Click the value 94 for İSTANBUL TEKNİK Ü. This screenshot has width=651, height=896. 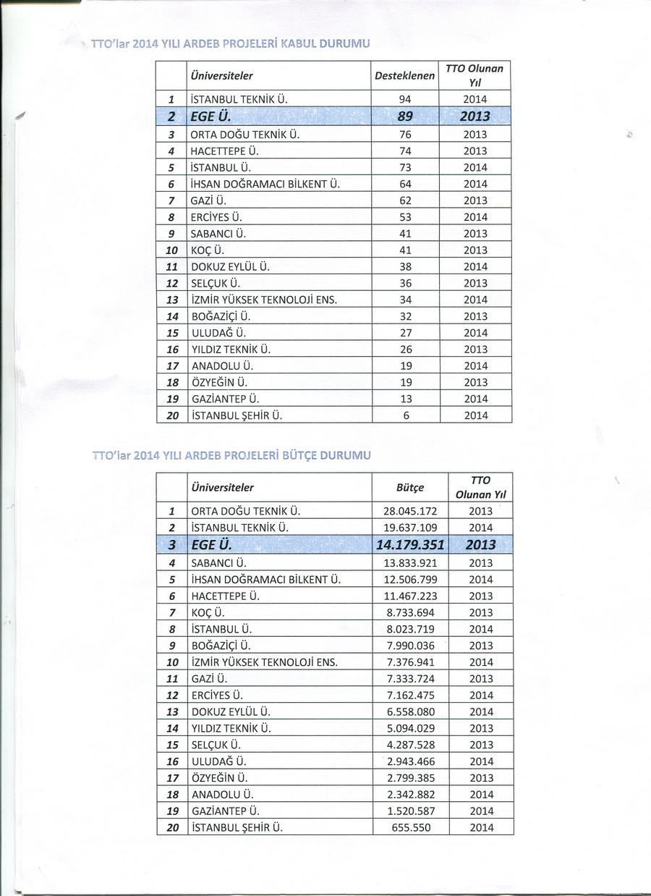[405, 100]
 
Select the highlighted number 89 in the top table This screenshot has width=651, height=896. [405, 117]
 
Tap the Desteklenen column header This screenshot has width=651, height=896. [405, 76]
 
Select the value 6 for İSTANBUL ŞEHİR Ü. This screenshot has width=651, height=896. [405, 415]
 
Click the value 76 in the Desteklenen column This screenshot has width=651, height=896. [405, 135]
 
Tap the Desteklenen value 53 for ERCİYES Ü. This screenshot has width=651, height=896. [405, 217]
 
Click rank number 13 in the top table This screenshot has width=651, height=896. [172, 300]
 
